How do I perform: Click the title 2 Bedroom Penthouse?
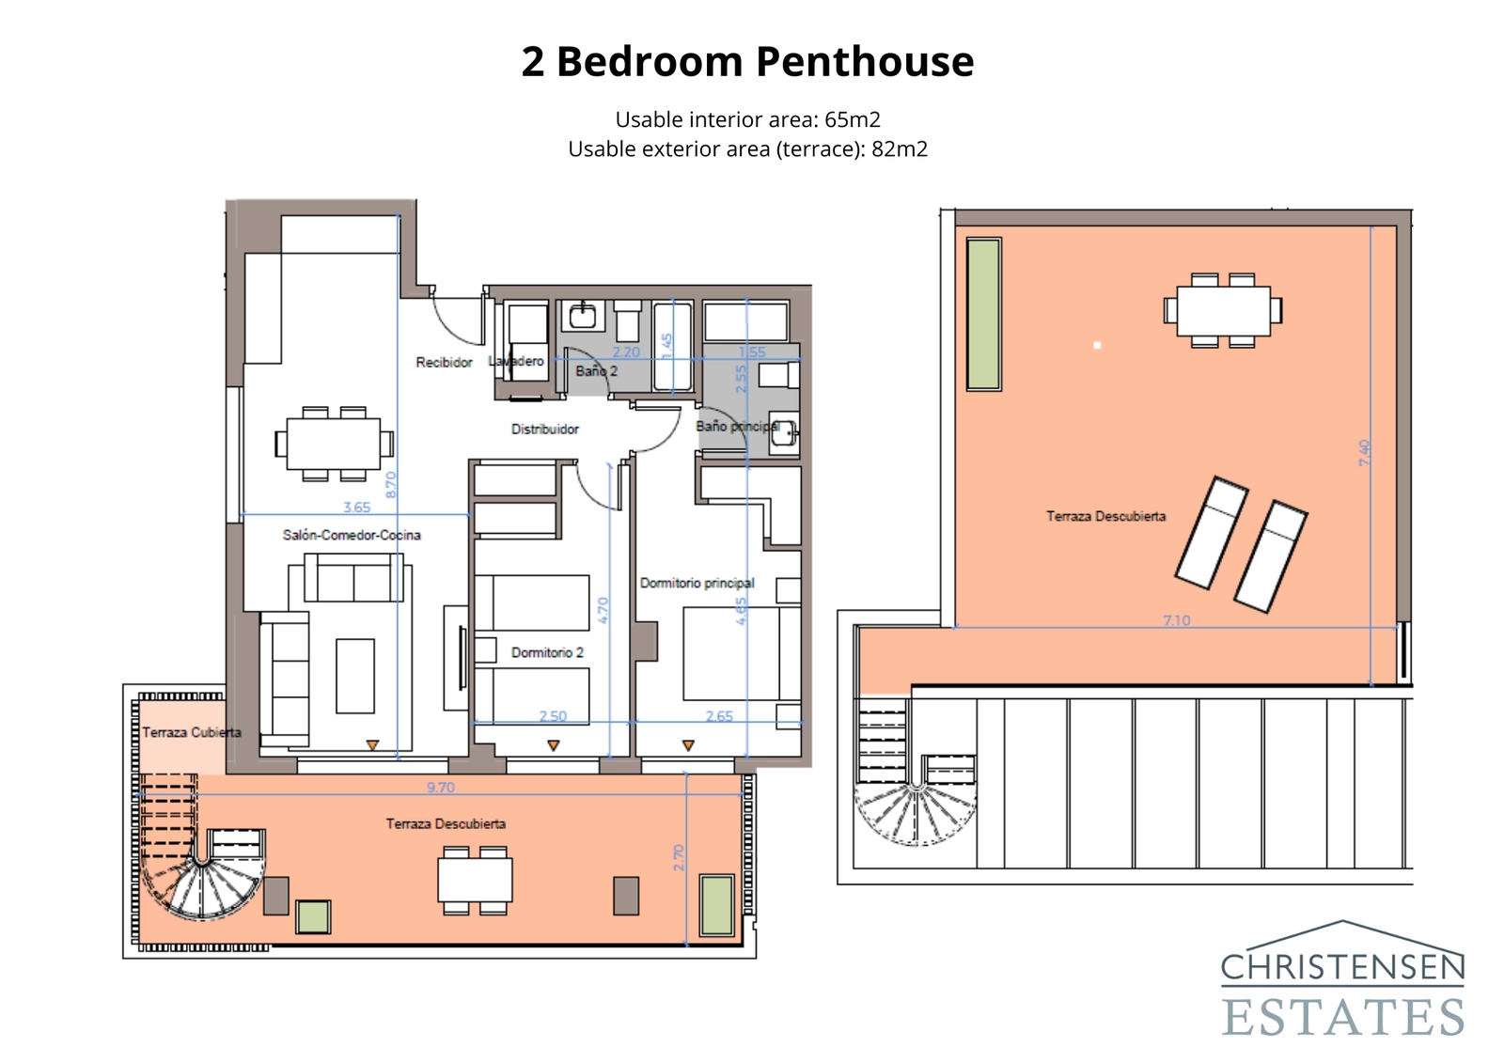tap(747, 62)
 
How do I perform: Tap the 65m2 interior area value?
tap(852, 119)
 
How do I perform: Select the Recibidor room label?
tap(444, 362)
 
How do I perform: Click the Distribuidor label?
tap(544, 429)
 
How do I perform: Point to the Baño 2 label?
tap(596, 370)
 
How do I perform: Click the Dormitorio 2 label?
tap(547, 652)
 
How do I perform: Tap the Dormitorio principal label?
tap(697, 583)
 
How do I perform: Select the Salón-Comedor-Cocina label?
tap(352, 535)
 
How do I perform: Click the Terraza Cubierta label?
tap(191, 732)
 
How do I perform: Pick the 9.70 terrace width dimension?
tap(440, 788)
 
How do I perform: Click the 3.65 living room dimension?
tap(356, 508)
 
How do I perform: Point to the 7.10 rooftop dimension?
tap(1176, 620)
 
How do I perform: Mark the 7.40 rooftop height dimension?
tap(1364, 453)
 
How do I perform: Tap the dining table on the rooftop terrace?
tap(1223, 310)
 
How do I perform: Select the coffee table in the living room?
tap(355, 675)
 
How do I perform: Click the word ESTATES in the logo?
tap(1342, 1017)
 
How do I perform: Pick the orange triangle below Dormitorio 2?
tap(554, 745)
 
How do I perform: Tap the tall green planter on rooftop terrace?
tap(984, 314)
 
